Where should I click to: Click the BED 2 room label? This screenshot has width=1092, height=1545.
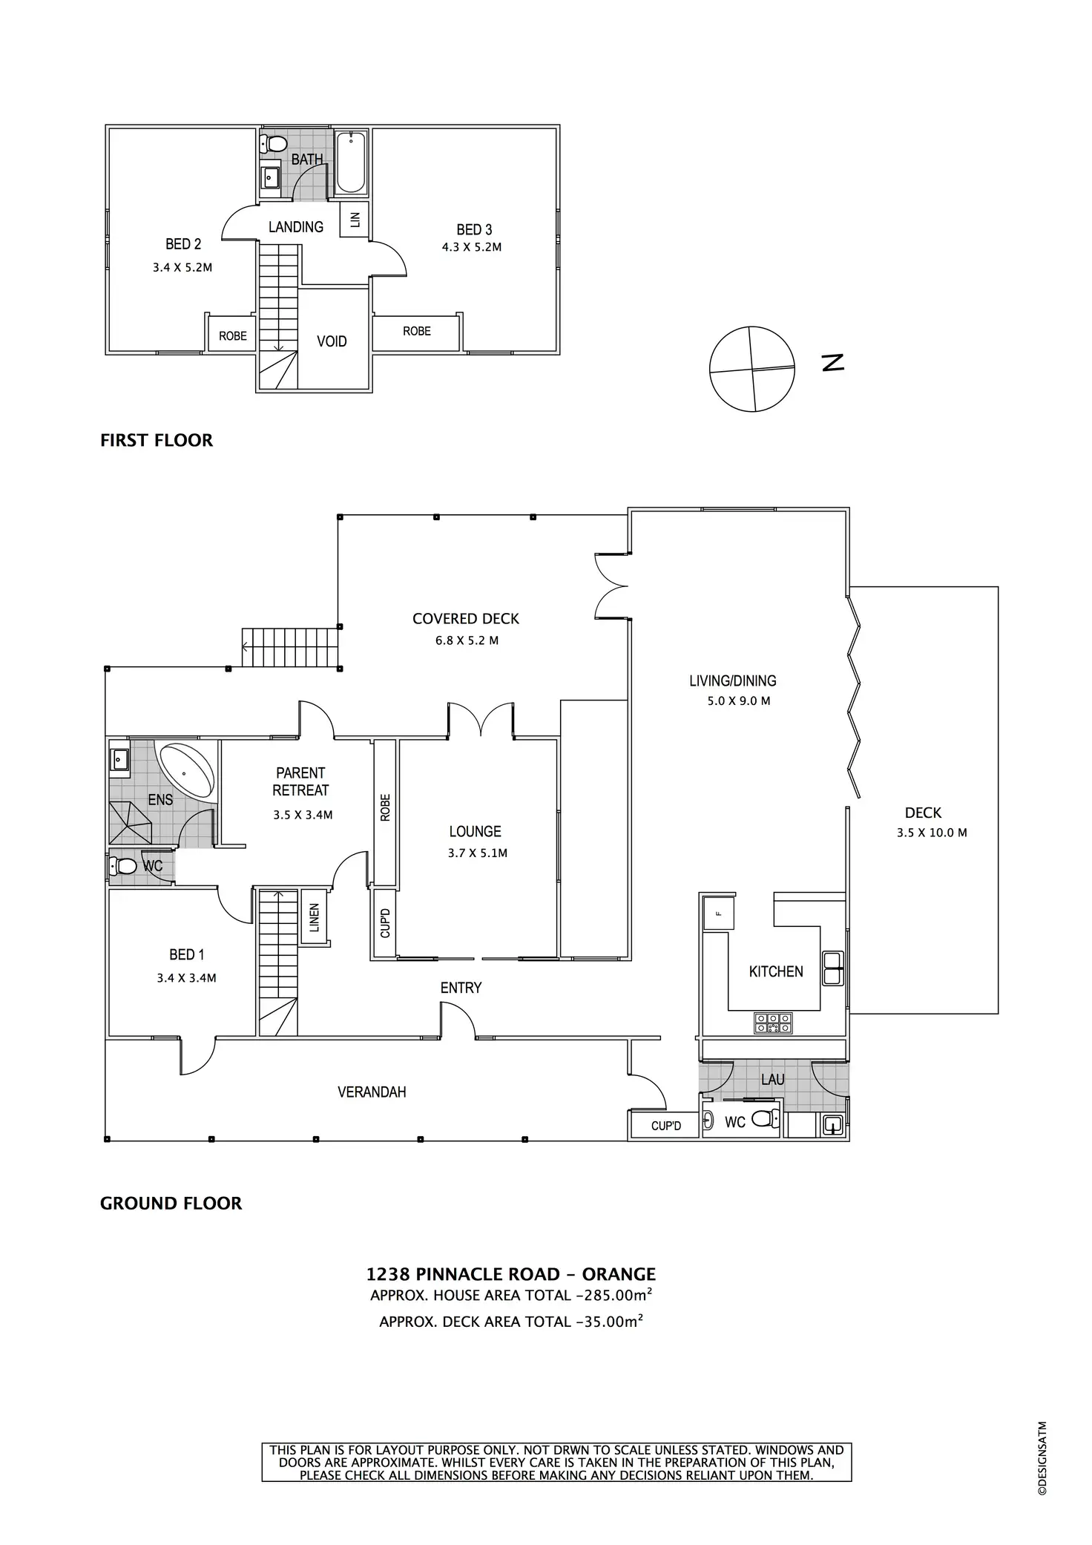[183, 244]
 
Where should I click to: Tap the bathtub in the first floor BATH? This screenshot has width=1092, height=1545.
[351, 162]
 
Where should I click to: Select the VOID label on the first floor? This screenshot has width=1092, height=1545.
[332, 341]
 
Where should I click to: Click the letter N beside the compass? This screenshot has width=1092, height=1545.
[833, 363]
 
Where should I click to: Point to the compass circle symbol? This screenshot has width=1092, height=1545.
[752, 369]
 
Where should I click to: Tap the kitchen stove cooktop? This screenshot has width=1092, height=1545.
[773, 1023]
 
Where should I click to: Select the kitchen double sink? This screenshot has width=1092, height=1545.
[832, 968]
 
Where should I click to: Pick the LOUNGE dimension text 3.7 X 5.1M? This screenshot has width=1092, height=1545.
[478, 853]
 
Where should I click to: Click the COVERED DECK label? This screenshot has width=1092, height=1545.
[466, 619]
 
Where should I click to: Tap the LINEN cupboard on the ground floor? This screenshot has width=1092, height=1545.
[315, 917]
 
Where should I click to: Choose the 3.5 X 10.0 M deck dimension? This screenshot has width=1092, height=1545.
[932, 833]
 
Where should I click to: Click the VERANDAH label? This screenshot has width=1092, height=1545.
[372, 1092]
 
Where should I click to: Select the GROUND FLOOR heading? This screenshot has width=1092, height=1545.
[171, 1203]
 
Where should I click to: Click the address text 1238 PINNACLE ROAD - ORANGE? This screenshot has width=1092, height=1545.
[511, 1274]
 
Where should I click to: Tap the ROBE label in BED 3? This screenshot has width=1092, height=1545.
[417, 331]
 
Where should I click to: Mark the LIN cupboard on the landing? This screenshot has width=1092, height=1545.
[355, 219]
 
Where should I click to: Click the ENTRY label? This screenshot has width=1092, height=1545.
[461, 988]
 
